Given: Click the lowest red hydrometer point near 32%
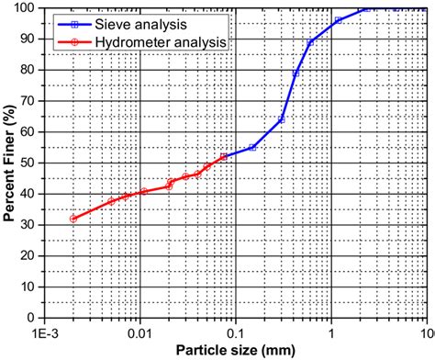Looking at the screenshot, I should click(x=73, y=219).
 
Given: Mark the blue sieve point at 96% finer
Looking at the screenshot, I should click(x=338, y=20).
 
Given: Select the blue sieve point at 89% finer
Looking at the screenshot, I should click(x=311, y=42).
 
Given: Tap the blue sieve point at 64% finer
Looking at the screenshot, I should click(x=282, y=119).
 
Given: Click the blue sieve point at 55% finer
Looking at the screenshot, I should click(x=252, y=147).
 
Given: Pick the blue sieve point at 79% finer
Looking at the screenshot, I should click(x=296, y=73).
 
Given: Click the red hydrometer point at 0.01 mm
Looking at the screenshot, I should click(x=144, y=191).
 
